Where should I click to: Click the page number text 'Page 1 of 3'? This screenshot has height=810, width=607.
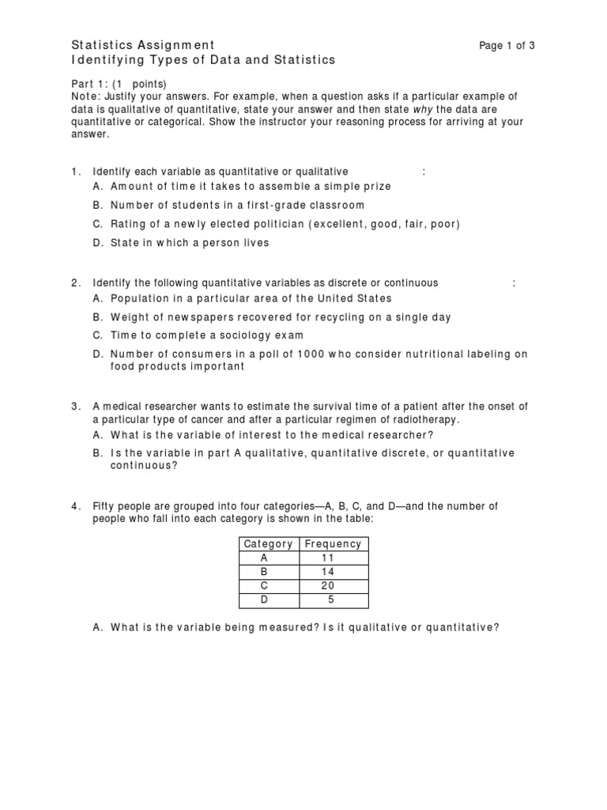pos(507,45)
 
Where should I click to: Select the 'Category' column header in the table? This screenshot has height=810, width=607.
pos(268,543)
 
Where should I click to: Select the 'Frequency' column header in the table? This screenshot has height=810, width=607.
pos(333,543)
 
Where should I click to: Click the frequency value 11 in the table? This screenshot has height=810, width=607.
pos(329,558)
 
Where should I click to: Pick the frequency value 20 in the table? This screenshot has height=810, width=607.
pos(329,586)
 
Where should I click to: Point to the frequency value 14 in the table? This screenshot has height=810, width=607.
pos(329,572)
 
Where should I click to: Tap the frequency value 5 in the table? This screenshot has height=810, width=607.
pos(331,600)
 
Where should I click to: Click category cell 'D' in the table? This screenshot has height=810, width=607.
pos(264,600)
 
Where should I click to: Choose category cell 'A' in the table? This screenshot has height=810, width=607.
pos(264,558)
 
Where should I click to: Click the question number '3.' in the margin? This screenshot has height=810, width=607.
pos(77,406)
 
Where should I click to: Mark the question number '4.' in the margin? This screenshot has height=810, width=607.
pos(77,505)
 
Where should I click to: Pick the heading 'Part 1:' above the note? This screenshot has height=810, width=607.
pos(90,84)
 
